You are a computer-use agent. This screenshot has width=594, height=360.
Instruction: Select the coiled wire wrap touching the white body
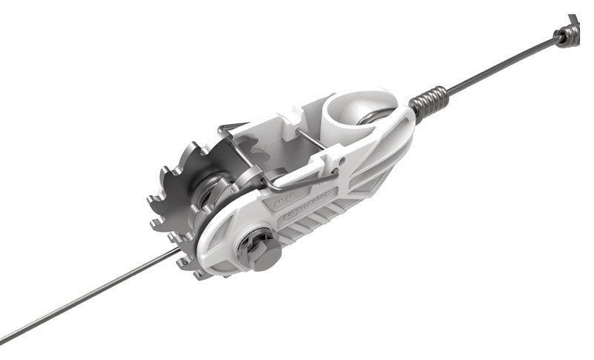point(430,102)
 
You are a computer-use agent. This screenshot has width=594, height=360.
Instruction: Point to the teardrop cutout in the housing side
point(222,238)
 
